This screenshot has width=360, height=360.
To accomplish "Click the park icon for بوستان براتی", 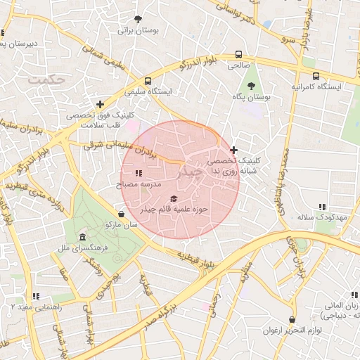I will click(139, 19).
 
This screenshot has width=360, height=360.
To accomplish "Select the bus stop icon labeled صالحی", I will click(238, 54).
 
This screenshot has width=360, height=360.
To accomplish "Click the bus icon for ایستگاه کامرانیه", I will click(316, 75).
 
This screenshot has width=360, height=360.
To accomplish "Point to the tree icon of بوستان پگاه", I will click(251, 86).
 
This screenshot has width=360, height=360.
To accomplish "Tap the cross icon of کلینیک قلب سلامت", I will click(101, 104).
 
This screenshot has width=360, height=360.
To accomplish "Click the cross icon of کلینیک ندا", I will click(234, 150).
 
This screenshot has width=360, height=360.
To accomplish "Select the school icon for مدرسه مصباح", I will click(139, 173).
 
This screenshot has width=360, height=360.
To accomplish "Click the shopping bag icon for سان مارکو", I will click(122, 214).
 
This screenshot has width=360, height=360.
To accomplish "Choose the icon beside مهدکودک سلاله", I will click(321, 207).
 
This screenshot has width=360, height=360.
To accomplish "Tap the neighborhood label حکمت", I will click(46, 80).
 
